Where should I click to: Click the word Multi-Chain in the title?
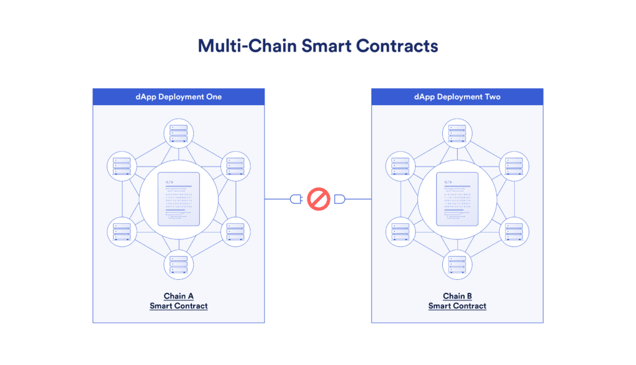pyautogui.click(x=247, y=46)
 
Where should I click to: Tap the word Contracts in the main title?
pyautogui.click(x=397, y=46)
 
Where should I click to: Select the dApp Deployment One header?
pyautogui.click(x=178, y=96)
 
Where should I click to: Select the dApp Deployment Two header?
pyautogui.click(x=457, y=96)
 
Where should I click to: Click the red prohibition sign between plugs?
pyautogui.click(x=319, y=199)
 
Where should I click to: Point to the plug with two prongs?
pyautogui.click(x=296, y=199)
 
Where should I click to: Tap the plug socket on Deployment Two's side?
pyautogui.click(x=340, y=199)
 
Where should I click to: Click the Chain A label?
pyautogui.click(x=178, y=296)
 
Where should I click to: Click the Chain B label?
pyautogui.click(x=457, y=296)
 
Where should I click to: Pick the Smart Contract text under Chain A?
pyautogui.click(x=178, y=306)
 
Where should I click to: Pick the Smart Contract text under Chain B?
pyautogui.click(x=457, y=306)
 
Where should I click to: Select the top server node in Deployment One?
pyautogui.click(x=178, y=133)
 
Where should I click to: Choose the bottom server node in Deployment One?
pyautogui.click(x=178, y=265)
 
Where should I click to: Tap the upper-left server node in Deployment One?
pyautogui.click(x=122, y=166)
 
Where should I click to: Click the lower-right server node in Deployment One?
pyautogui.click(x=235, y=232)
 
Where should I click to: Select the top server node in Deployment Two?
pyautogui.click(x=457, y=133)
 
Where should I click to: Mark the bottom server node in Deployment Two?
pyautogui.click(x=457, y=265)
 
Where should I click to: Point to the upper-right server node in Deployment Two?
pyautogui.click(x=514, y=166)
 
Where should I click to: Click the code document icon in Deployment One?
pyautogui.click(x=178, y=199)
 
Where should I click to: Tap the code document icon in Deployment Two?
pyautogui.click(x=457, y=199)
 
